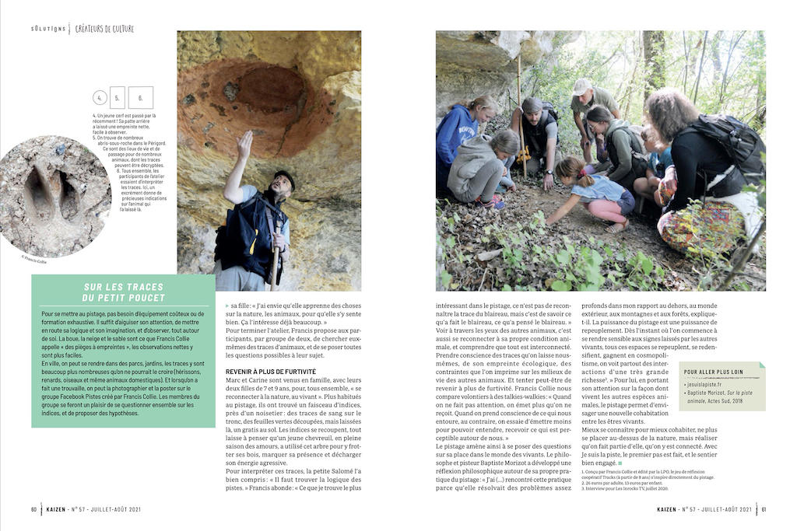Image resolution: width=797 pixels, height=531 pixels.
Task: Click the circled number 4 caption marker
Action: coord(99,98)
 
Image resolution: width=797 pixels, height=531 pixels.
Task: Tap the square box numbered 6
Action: coord(140,98)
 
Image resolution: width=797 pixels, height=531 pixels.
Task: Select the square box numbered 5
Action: coord(118,98)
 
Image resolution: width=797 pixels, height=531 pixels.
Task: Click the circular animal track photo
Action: coord(54,196)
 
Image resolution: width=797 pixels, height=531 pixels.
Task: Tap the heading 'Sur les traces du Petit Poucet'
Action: coord(125,292)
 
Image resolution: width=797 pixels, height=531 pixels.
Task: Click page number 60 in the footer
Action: coord(34,509)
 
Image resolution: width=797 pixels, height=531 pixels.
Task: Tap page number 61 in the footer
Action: coord(764,509)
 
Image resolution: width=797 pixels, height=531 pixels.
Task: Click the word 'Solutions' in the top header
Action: coord(48,29)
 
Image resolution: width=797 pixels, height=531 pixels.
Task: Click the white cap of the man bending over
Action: coord(581,86)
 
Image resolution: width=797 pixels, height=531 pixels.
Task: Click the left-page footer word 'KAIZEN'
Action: coord(58,509)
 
